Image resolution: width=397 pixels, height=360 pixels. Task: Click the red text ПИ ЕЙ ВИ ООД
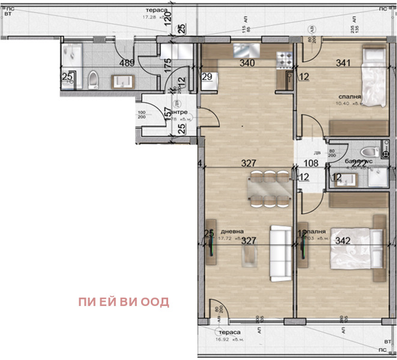point(123,302)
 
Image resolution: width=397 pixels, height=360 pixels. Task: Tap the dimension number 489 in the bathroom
point(126,63)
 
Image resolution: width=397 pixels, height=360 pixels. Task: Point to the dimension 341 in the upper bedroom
point(344,63)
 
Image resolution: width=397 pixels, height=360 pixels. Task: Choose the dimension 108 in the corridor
point(311,163)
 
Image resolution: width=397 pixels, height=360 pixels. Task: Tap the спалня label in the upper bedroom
point(350,96)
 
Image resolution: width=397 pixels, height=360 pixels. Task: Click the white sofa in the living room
point(279,254)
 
